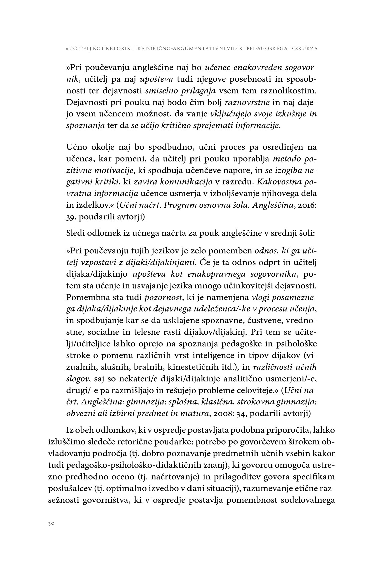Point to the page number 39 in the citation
[71, 217]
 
